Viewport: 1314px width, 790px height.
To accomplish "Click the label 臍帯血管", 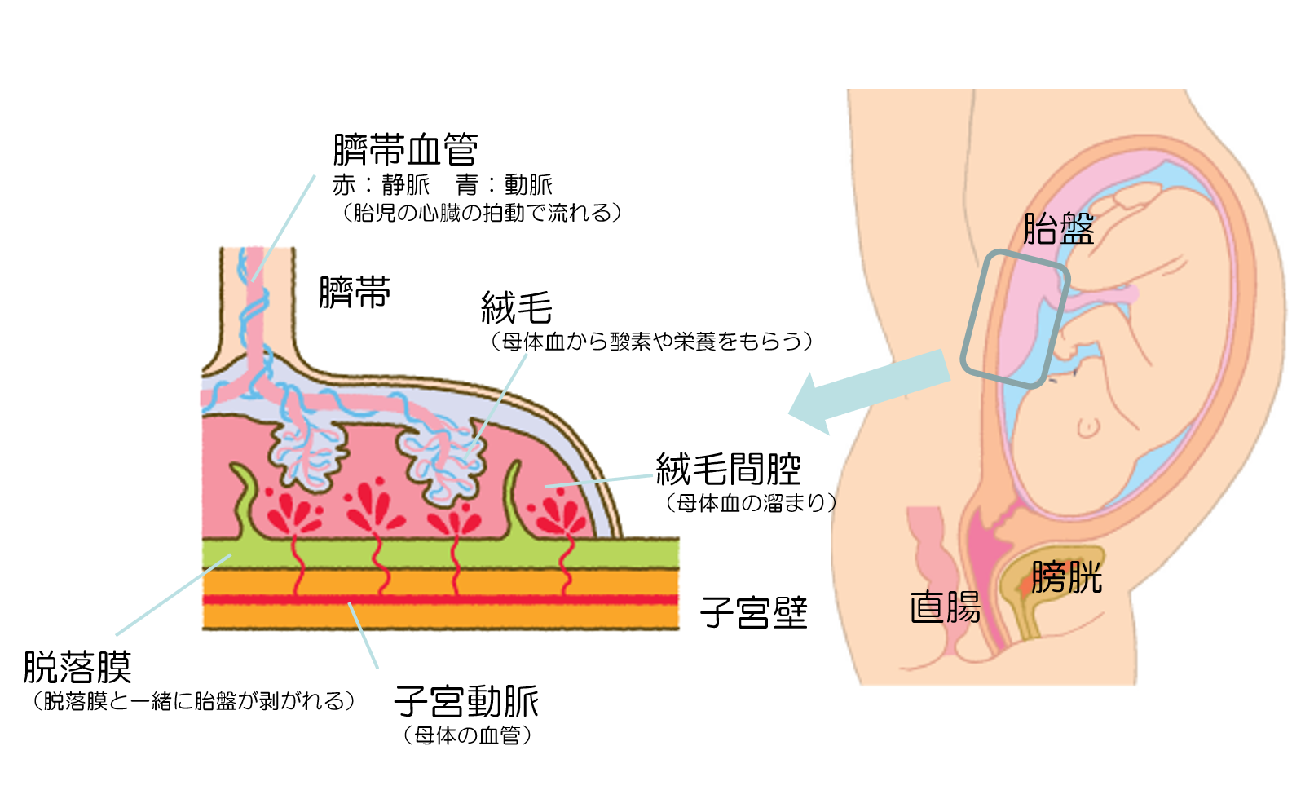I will coord(405,150).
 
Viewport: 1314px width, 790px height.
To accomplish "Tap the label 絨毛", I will coord(517,309).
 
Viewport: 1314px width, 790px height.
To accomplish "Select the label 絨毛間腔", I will coord(729,470).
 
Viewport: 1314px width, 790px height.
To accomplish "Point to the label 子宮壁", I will coord(754,613).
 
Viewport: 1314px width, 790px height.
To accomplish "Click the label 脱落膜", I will coord(77,668).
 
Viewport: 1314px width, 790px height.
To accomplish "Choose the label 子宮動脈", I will coord(466,702).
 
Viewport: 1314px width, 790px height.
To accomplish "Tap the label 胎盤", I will coord(1058,229).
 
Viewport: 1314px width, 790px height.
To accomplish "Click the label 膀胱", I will coord(1066,578).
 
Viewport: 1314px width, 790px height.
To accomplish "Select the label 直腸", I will coord(946,608).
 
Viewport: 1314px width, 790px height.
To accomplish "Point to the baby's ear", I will coord(1088,426).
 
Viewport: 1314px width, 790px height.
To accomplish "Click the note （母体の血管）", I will coord(467,735).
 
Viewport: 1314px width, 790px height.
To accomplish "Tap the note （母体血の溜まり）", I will coord(751,503).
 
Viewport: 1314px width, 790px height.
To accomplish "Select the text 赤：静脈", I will coord(381,185).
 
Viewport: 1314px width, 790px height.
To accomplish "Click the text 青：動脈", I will coord(505,185).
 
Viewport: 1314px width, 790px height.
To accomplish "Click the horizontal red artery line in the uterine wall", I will coord(440,599).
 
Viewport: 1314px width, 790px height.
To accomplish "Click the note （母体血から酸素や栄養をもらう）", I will coord(651,341).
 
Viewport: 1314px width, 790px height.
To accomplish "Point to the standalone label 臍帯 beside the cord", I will coord(355,293).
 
